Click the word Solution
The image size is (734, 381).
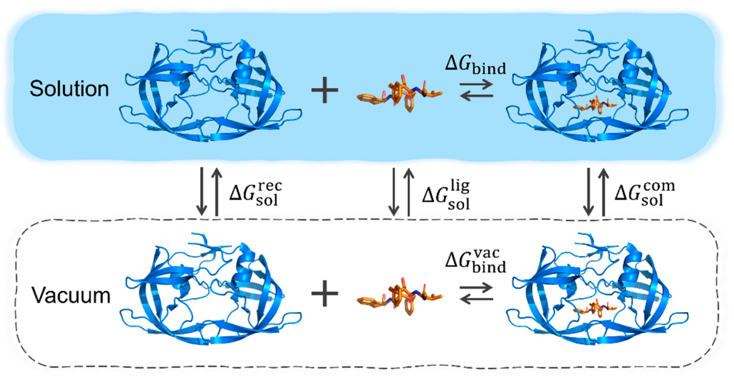click(x=69, y=89)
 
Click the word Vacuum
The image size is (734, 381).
click(x=71, y=295)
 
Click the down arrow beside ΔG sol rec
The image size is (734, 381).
click(x=202, y=192)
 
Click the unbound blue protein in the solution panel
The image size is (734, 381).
click(x=210, y=86)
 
